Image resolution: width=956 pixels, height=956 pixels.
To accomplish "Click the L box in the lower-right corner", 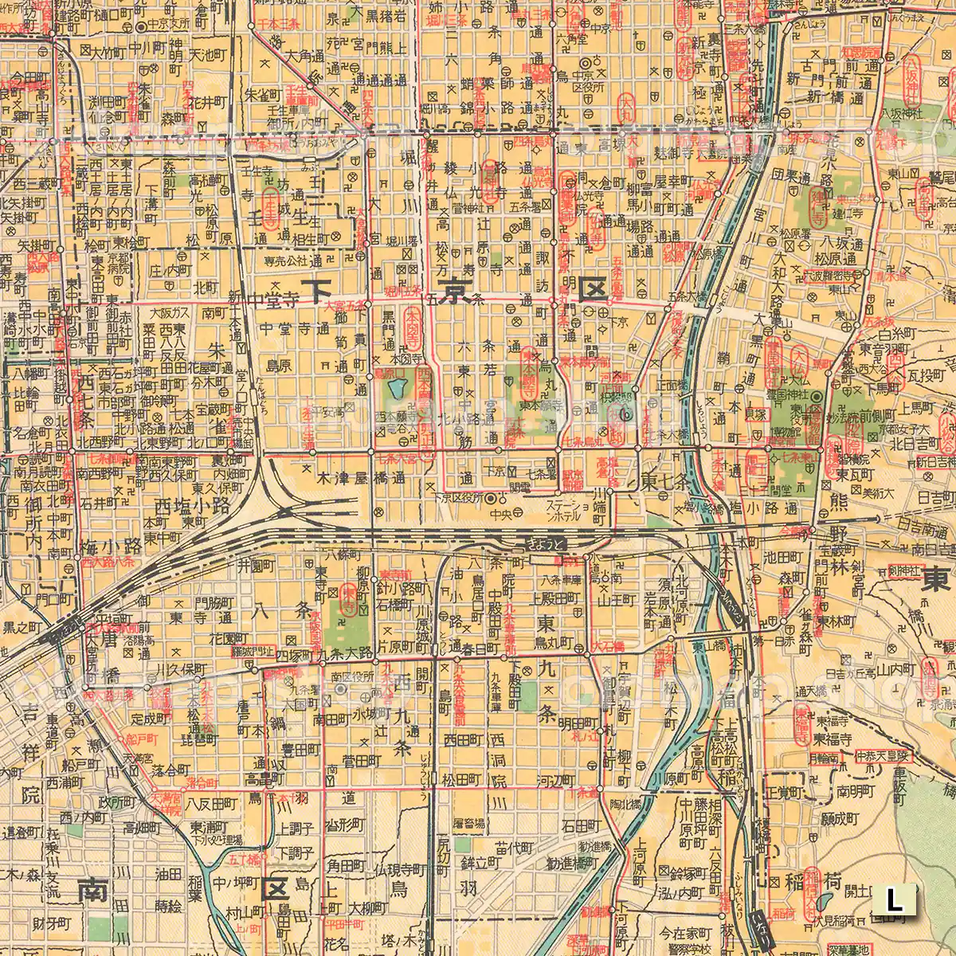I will tap(895, 901).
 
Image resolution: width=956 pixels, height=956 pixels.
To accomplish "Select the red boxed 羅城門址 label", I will tap(253, 651).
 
